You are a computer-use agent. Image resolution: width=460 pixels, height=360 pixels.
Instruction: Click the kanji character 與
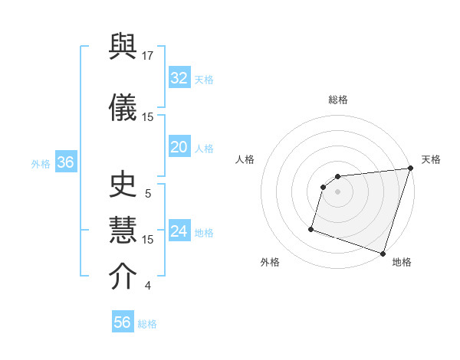[x=123, y=49]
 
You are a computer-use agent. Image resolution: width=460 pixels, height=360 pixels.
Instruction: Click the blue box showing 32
[x=179, y=78]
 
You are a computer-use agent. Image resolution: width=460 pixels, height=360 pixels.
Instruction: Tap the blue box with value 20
[x=179, y=147]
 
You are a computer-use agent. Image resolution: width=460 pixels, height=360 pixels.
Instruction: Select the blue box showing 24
[x=179, y=231]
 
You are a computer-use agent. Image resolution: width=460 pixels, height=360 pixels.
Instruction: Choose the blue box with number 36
[x=65, y=162]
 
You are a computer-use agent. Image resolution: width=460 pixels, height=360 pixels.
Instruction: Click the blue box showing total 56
[x=122, y=322]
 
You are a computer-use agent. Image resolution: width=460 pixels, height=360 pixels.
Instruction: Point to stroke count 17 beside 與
[x=148, y=55]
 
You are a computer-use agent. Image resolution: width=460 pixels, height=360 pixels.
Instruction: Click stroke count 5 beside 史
[x=148, y=194]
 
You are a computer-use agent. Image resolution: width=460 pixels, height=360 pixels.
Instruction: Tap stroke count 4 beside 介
[x=148, y=286]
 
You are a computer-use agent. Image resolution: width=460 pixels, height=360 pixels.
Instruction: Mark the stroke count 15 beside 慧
[x=148, y=239]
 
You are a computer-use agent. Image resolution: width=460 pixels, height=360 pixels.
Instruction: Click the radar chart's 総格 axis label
[x=338, y=100]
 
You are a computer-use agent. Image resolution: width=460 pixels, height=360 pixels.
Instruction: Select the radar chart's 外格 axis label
[x=270, y=262]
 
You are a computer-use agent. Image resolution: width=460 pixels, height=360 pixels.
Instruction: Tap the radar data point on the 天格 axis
[x=410, y=169]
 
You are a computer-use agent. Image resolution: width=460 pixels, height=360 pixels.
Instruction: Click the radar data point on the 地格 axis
[x=383, y=253]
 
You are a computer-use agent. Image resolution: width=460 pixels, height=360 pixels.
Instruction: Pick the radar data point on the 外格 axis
[x=311, y=228]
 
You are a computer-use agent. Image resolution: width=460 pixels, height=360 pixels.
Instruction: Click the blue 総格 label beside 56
[x=147, y=324]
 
